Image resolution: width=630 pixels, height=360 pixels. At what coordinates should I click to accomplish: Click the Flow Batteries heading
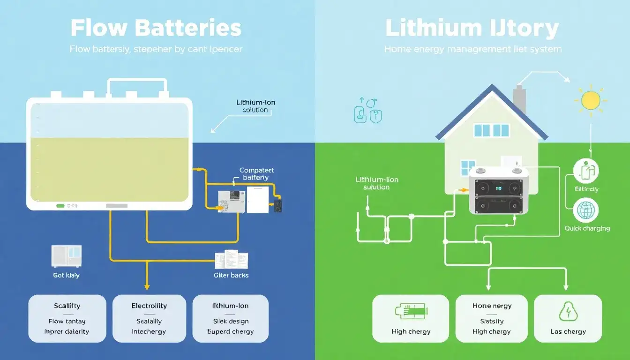coord(156,28)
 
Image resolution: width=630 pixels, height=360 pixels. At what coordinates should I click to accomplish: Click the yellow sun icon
coord(591,100)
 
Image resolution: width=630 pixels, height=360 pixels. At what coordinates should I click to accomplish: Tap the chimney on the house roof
coord(519,99)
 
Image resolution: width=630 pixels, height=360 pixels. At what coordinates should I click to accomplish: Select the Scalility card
coord(67,318)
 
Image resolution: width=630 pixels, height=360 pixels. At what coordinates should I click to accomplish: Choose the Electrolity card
coord(149,318)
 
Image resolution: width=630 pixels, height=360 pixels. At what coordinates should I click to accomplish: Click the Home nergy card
coord(492,318)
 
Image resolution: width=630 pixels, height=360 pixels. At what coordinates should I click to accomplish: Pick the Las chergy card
coord(568,318)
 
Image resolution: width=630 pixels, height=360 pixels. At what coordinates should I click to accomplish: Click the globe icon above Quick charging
coord(585,211)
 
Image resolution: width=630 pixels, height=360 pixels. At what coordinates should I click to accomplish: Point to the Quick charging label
coord(587,228)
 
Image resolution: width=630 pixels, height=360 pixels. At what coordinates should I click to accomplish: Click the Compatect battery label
coord(256,174)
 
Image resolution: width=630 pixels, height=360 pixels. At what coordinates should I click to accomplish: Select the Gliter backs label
coord(231,275)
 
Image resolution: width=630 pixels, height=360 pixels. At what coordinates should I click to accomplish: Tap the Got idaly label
coord(66,275)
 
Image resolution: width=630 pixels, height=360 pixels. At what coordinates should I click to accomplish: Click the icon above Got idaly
coord(66,256)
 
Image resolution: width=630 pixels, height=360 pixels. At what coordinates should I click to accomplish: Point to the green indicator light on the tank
coord(60,205)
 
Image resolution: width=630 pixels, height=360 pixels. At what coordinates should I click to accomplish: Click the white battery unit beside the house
coord(499,190)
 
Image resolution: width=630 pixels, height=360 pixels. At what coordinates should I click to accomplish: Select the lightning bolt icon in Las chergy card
coord(568,311)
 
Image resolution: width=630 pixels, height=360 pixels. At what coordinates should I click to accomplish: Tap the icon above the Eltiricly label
coord(585,171)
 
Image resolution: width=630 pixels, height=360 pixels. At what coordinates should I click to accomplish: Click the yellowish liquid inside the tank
coord(109,169)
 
